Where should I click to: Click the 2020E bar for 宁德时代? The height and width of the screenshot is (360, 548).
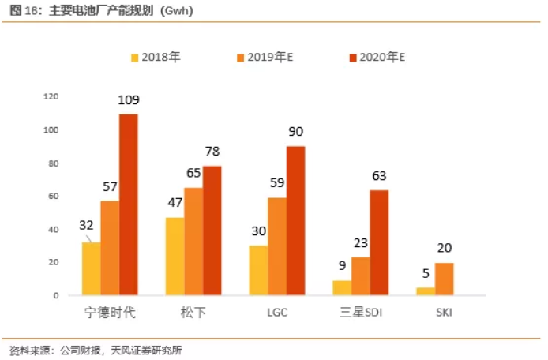pos(129,204)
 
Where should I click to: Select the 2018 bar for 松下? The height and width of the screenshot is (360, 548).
pos(175,256)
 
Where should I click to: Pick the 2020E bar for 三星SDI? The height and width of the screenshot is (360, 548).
pos(379,242)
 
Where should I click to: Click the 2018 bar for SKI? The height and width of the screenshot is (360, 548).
pos(426,291)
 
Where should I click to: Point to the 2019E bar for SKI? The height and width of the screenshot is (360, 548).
pos(445,279)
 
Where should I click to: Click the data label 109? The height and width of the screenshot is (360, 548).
pos(129,100)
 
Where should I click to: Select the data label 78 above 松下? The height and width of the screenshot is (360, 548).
pos(212,152)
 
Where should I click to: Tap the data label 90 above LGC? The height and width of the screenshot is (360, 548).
pos(295,132)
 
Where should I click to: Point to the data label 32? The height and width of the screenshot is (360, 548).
pos(87,225)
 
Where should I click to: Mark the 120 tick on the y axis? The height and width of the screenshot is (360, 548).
pos(52,96)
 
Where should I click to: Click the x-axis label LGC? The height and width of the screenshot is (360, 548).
pos(277,313)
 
